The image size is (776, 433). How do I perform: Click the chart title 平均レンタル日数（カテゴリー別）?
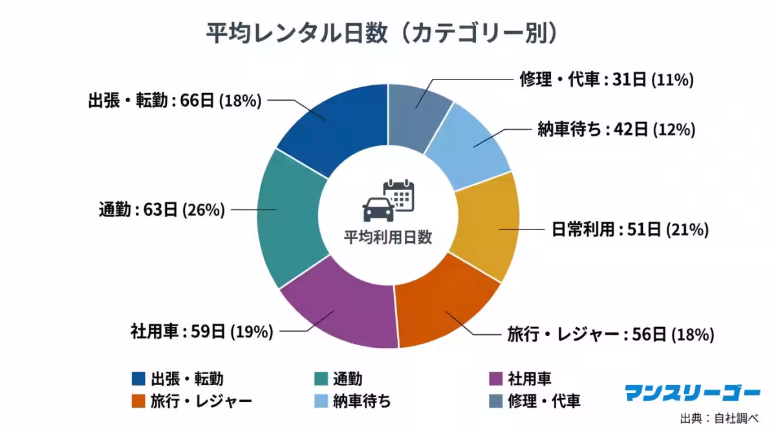point(382,34)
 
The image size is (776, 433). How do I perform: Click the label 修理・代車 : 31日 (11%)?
point(607,80)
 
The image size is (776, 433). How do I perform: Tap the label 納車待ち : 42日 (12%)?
point(616,130)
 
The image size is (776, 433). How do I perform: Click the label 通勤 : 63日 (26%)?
point(162,210)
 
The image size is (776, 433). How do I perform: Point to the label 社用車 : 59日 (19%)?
point(202,332)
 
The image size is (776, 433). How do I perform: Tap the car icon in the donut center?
point(377,208)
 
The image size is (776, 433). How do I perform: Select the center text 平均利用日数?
point(387,237)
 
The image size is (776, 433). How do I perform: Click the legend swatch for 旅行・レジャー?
point(138,401)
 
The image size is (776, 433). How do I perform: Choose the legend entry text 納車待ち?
point(361,401)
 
